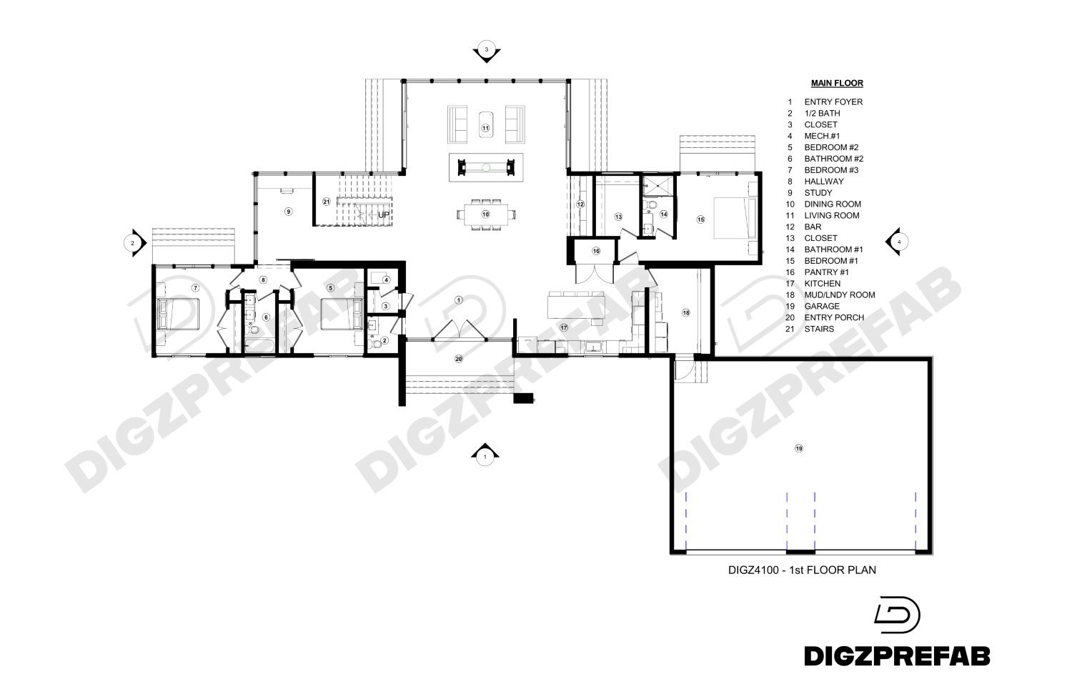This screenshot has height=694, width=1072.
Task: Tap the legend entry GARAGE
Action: point(822,307)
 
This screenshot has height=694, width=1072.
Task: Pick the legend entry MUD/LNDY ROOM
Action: point(839,295)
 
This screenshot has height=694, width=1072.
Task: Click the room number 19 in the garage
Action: point(799,448)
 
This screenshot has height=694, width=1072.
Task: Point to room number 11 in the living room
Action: point(485,129)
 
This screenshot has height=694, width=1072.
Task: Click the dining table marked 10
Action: point(485,214)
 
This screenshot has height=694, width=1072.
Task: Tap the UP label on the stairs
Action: point(384,214)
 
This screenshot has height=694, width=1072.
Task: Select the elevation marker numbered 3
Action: point(486,50)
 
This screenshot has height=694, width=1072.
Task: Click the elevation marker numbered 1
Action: point(485,455)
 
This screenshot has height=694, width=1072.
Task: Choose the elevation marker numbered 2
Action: point(132,243)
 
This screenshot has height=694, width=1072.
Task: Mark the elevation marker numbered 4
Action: point(898,242)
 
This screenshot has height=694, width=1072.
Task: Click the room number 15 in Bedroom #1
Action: point(701,219)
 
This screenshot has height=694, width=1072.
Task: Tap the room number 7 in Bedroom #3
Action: point(194,287)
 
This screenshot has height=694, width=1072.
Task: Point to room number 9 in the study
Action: point(288,212)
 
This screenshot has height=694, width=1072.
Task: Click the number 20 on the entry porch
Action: point(459,359)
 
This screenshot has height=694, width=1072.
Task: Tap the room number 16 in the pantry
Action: point(595,251)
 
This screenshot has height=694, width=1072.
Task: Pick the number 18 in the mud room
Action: point(686,313)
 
